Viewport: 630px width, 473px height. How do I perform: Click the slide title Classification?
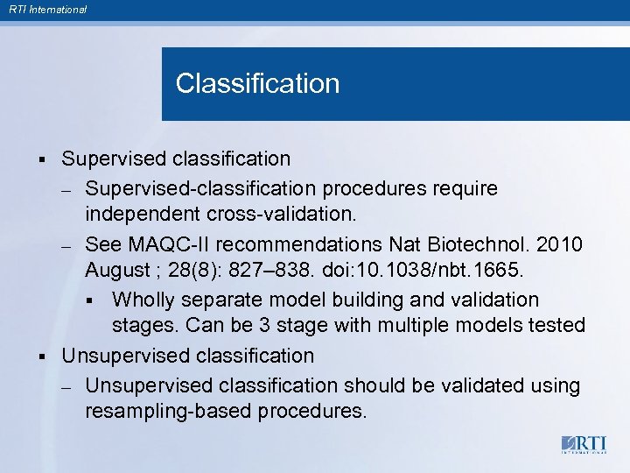tap(257, 84)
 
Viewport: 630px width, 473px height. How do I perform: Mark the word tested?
tap(556, 326)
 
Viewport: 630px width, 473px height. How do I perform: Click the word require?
tap(465, 188)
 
